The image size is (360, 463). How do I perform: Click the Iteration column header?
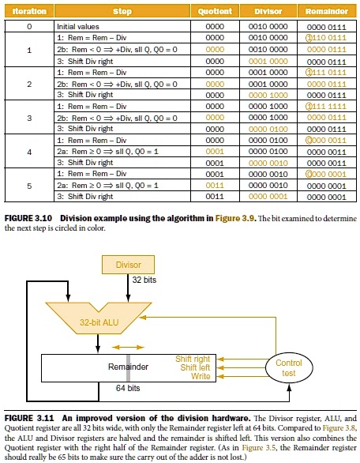click(29, 12)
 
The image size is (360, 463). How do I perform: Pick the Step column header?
click(122, 12)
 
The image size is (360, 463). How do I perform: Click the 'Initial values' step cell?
click(77, 26)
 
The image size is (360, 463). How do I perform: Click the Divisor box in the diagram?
click(129, 265)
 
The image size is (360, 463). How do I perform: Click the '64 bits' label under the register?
click(128, 389)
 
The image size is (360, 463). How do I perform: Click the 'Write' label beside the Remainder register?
click(202, 376)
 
